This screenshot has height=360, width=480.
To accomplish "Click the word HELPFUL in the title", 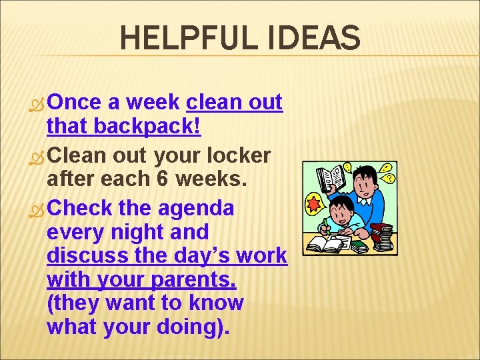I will tap(181, 39).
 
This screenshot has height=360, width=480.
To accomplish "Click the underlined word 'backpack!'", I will tap(147, 126).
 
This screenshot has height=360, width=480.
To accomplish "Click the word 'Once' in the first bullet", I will tap(74, 102).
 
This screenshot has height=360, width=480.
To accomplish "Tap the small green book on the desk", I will tap(359, 247).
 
